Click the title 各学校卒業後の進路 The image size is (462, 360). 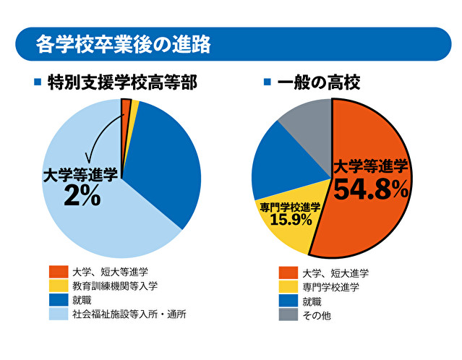pyautogui.click(x=124, y=45)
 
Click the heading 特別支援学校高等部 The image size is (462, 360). pyautogui.click(x=124, y=82)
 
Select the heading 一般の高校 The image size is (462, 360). pyautogui.click(x=319, y=82)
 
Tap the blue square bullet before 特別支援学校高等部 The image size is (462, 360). pyautogui.click(x=38, y=82)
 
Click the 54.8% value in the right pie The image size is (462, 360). pyautogui.click(x=371, y=189)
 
